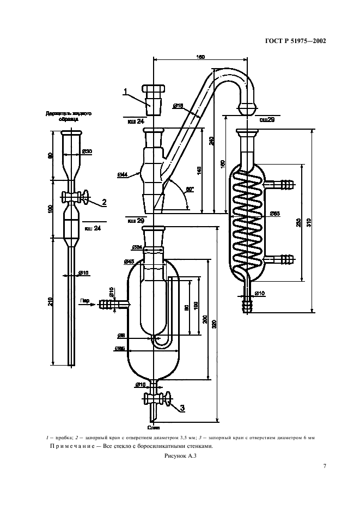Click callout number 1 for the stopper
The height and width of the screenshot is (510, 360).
click(125, 91)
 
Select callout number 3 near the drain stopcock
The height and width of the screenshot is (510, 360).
click(182, 407)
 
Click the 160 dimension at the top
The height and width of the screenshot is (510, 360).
click(201, 57)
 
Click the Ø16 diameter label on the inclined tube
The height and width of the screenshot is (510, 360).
click(178, 105)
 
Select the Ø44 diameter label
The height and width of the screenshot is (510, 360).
click(123, 174)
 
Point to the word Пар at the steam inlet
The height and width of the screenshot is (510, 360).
click(85, 300)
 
